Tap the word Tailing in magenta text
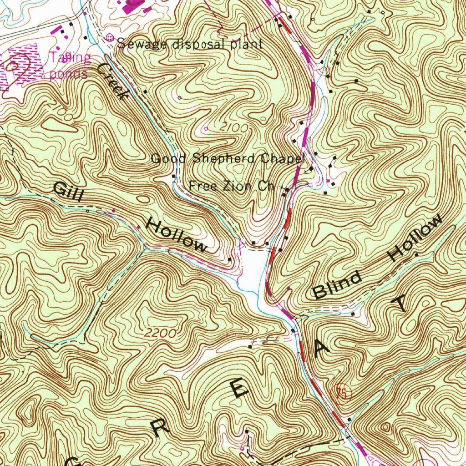tap(71, 58)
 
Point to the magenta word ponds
tap(68, 74)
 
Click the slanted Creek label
tap(111, 81)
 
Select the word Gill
tap(69, 192)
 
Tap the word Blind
tap(338, 285)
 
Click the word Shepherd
tap(225, 158)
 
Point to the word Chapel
tap(282, 158)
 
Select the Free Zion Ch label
tap(231, 186)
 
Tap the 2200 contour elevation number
tap(161, 333)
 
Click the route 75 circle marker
tap(342, 392)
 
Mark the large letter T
tap(402, 303)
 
